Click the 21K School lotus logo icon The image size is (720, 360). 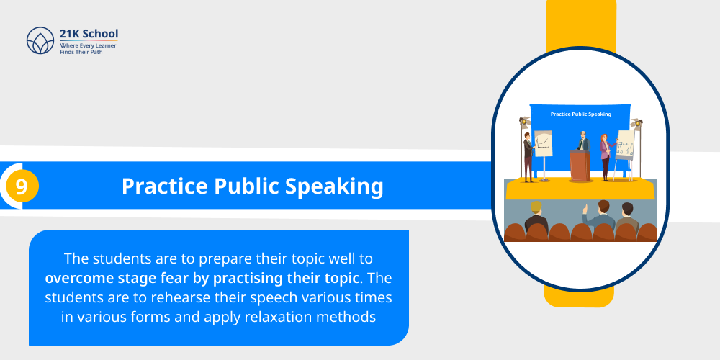[40, 41]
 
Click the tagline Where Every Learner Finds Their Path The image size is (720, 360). [88, 49]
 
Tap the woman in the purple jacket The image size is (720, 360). [605, 155]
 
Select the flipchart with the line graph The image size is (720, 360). [543, 145]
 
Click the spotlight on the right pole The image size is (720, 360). [636, 124]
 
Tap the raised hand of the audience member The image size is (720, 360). [585, 211]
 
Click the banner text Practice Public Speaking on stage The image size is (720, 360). [580, 114]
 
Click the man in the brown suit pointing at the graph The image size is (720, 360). [528, 155]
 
